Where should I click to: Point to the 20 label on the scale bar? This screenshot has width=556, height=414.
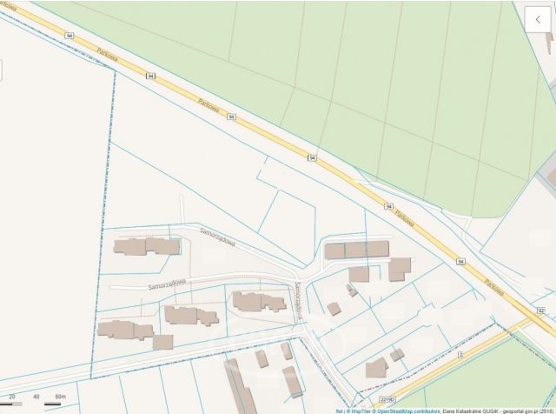11,397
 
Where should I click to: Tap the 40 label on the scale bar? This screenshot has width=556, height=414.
36,397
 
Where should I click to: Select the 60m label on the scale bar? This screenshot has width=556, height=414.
60,397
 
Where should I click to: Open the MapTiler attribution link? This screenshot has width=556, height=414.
361,411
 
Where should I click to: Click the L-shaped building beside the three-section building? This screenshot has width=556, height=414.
400,269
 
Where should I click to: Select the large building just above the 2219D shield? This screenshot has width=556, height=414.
376,368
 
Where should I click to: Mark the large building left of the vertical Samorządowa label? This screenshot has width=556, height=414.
258,302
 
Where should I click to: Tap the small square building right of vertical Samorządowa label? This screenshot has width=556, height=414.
334,309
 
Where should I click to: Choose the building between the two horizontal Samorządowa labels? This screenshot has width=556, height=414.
146,246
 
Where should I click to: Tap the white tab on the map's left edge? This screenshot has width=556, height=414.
2,70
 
